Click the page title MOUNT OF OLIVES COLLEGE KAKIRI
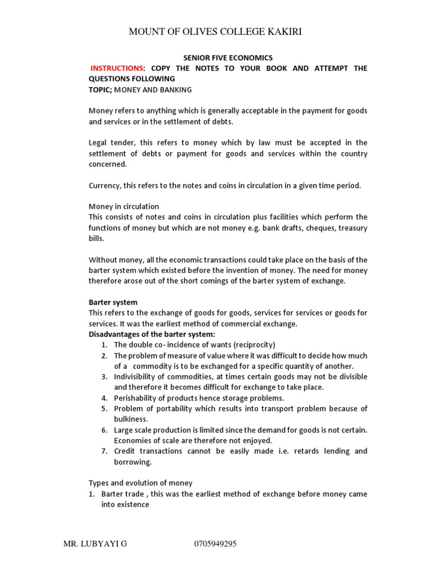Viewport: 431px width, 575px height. (x=215, y=31)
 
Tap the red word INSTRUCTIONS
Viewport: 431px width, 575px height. (x=117, y=68)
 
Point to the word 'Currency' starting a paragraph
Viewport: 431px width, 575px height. (x=104, y=185)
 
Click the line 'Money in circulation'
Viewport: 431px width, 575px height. (x=123, y=207)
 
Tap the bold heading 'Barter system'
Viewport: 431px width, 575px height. (x=113, y=302)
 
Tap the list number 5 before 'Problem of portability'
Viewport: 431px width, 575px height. (x=104, y=409)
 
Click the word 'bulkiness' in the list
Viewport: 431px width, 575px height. (x=130, y=419)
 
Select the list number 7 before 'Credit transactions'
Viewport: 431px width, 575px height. (x=104, y=451)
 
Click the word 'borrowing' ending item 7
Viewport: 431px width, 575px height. (x=132, y=462)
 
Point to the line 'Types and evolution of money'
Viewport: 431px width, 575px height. (x=140, y=483)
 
